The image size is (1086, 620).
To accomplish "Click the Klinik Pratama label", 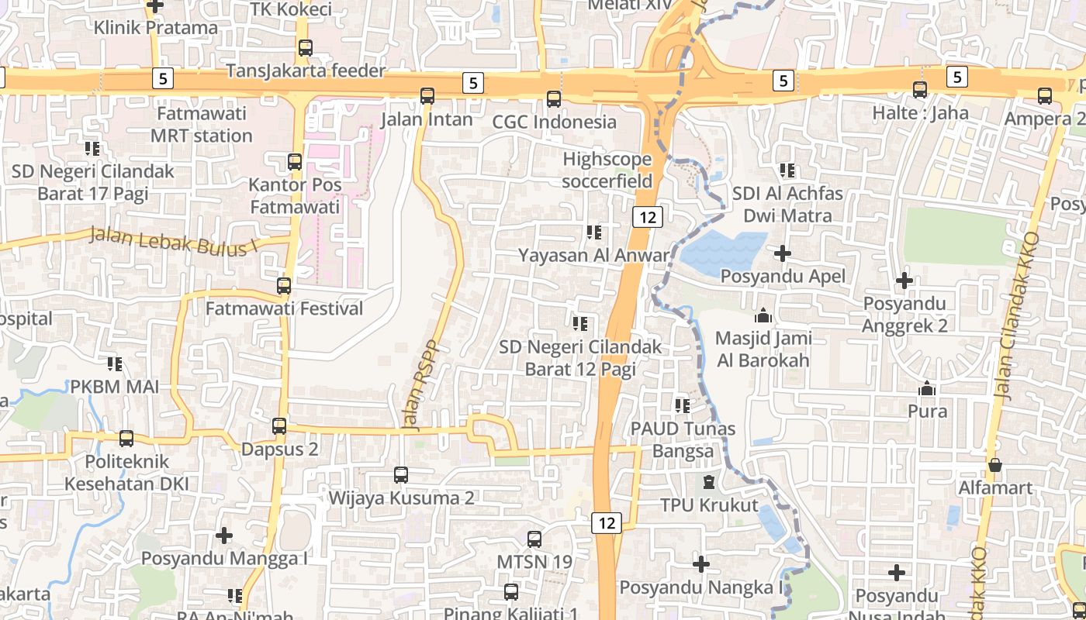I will tap(156, 28).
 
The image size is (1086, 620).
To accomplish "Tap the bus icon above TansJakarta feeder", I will tap(306, 47).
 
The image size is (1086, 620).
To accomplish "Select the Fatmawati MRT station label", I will tap(202, 125).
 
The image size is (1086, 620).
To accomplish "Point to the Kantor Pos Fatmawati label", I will tap(295, 196).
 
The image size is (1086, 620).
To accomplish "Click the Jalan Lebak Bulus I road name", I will tap(172, 239).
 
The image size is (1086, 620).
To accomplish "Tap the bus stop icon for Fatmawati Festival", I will tap(284, 285).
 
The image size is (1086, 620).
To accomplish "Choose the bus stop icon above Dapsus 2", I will tap(279, 426).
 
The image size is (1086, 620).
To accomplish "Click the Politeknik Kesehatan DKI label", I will tap(126, 473).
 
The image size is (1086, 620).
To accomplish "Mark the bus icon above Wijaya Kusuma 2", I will tap(401, 475).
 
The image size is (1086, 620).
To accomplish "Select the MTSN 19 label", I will tap(534, 561).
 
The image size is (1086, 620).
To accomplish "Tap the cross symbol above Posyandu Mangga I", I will tap(224, 535).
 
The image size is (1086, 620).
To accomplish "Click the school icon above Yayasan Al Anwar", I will tap(594, 232).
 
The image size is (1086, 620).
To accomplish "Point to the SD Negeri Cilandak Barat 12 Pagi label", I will tap(581, 357).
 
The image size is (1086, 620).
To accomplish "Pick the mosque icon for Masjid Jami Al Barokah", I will tap(763, 315).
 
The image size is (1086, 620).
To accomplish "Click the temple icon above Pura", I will tap(927, 388).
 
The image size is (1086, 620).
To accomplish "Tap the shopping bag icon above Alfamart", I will tap(995, 465).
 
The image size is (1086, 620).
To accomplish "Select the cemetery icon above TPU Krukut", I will tap(709, 483).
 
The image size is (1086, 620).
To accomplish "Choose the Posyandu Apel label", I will tap(783, 277).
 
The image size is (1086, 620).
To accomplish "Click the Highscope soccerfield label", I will tap(607, 170).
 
